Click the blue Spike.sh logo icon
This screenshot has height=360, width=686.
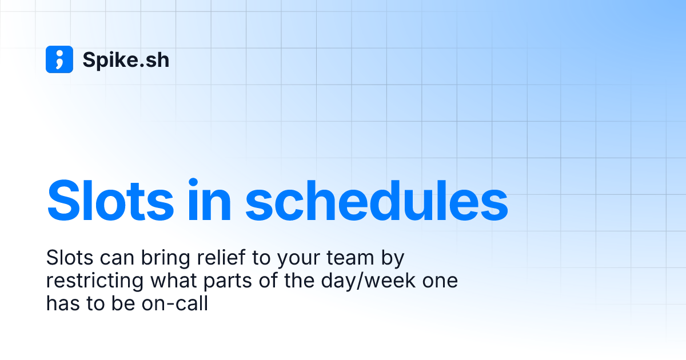59,59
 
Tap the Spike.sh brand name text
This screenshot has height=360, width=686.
126,60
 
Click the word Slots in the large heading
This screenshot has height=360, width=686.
110,202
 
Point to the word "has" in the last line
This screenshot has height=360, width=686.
62,304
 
